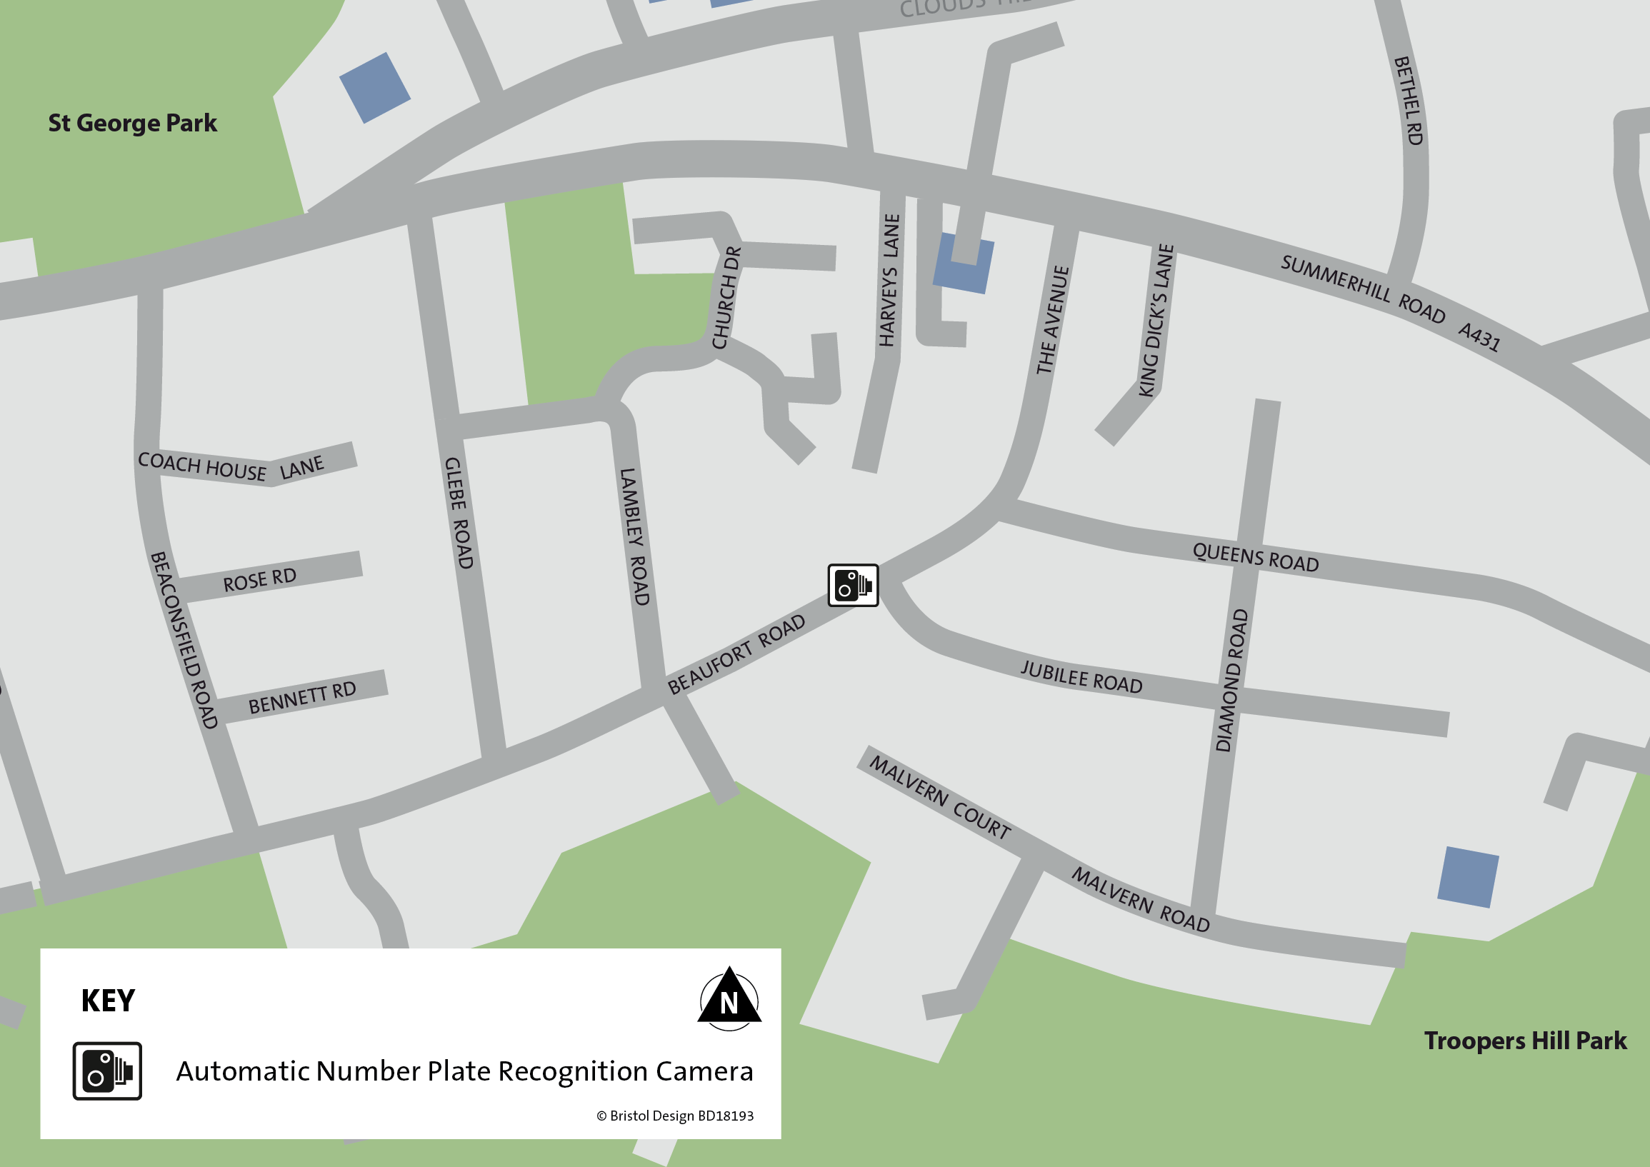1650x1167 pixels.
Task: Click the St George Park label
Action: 132,123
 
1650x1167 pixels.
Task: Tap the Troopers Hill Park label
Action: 1525,1041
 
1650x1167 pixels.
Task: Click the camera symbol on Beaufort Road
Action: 853,585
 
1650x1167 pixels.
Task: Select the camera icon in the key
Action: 107,1071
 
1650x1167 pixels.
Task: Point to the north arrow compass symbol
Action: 729,998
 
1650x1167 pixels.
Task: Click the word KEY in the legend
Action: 108,1001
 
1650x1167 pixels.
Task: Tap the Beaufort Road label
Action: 736,654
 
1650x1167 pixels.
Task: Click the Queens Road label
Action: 1256,558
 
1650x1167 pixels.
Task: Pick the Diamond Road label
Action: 1231,680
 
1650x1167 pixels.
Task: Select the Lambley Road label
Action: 634,536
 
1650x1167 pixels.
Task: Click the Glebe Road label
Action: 459,513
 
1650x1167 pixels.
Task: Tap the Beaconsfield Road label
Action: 184,639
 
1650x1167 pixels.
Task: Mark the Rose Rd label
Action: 259,579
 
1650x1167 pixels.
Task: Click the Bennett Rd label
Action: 302,697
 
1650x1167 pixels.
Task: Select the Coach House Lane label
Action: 231,466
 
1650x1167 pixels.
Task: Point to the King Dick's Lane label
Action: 1156,321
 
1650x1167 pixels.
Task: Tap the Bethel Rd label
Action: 1409,101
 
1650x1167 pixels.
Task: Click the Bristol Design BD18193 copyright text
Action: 675,1116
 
